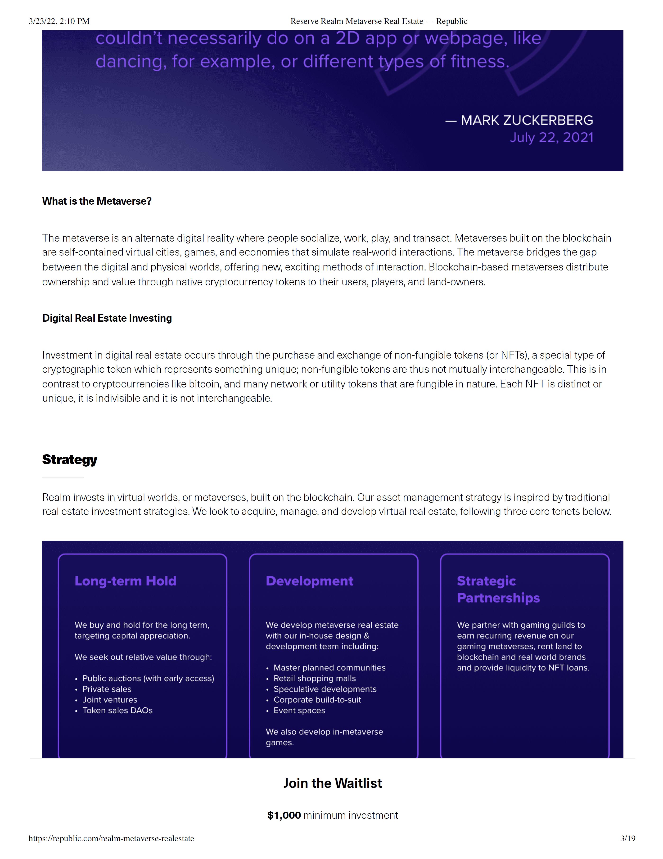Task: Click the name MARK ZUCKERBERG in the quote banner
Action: [x=527, y=120]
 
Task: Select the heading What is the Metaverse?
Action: [x=97, y=201]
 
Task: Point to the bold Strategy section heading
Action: [x=70, y=459]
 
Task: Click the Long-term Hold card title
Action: [x=126, y=581]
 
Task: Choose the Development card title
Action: [x=309, y=581]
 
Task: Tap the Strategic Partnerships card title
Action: [x=498, y=589]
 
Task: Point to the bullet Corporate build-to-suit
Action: [x=317, y=699]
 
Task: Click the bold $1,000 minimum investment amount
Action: [x=284, y=815]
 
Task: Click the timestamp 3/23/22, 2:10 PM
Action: [x=59, y=21]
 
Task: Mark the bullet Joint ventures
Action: [x=110, y=699]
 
